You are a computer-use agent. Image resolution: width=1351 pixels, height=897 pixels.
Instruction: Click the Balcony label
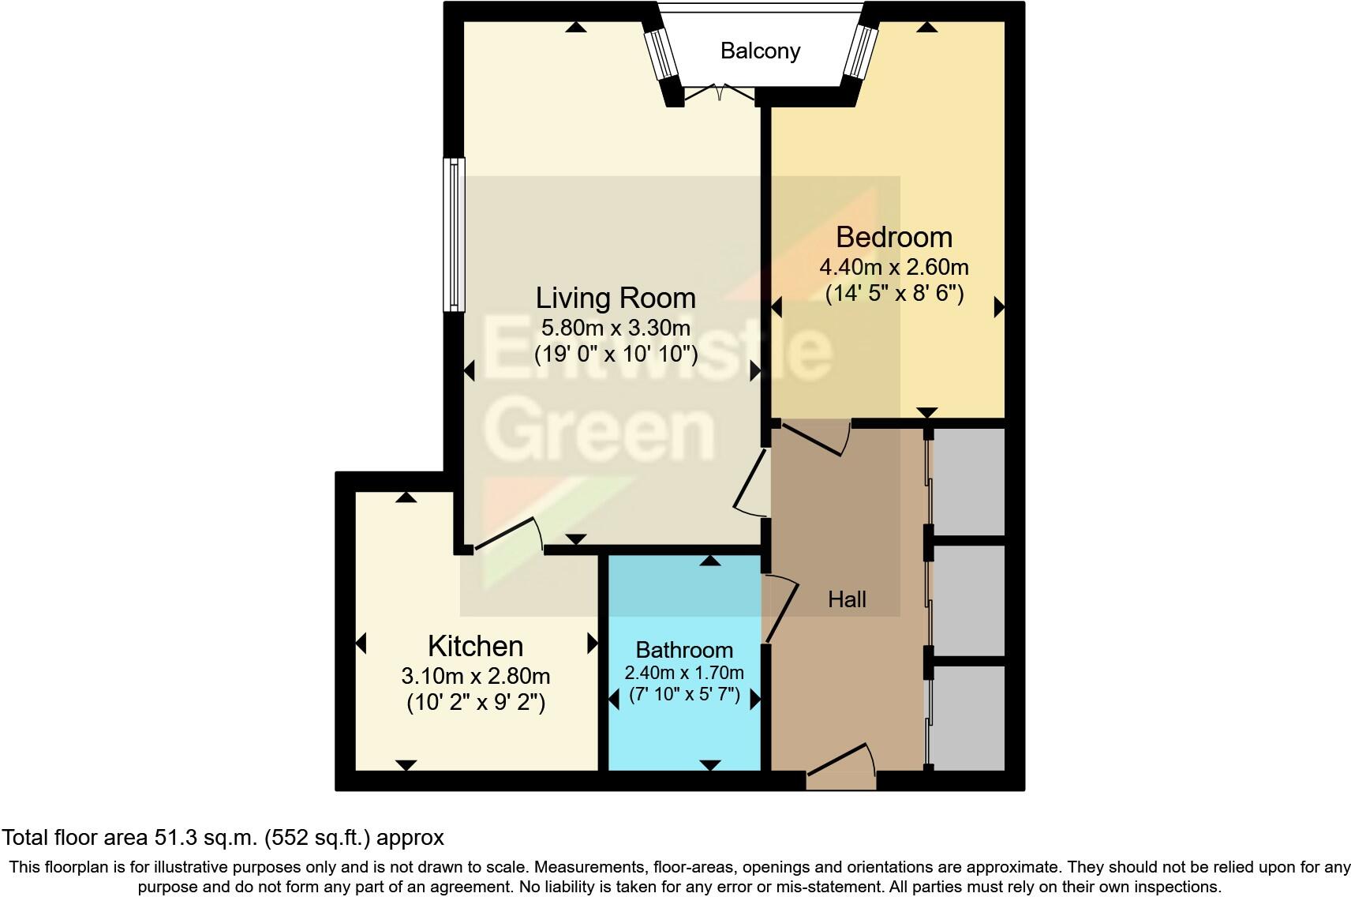pyautogui.click(x=760, y=51)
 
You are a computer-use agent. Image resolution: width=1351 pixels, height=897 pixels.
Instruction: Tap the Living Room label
pyautogui.click(x=616, y=298)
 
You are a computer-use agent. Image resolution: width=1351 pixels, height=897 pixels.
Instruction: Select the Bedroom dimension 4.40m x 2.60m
pyautogui.click(x=894, y=267)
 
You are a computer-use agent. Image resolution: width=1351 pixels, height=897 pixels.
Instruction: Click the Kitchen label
pyautogui.click(x=475, y=647)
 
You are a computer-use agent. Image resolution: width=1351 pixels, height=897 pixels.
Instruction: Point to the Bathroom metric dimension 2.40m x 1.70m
pyautogui.click(x=684, y=674)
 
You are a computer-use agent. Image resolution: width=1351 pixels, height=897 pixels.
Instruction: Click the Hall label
pyautogui.click(x=847, y=600)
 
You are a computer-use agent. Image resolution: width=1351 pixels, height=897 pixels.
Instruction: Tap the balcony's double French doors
pyautogui.click(x=719, y=92)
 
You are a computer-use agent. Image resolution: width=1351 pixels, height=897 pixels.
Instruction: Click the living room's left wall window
pyautogui.click(x=454, y=235)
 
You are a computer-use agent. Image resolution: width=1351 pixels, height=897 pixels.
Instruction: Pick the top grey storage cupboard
pyautogui.click(x=968, y=482)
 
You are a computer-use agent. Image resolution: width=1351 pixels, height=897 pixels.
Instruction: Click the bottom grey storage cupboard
pyautogui.click(x=968, y=717)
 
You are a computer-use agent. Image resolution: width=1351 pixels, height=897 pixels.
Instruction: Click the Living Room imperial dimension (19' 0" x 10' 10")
pyautogui.click(x=616, y=353)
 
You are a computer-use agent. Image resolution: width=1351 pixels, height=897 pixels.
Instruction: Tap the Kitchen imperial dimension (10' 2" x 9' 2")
pyautogui.click(x=475, y=702)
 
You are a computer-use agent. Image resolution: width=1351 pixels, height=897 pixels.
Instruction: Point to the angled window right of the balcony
pyautogui.click(x=860, y=51)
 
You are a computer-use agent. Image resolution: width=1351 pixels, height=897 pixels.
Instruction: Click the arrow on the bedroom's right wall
pyautogui.click(x=998, y=307)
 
